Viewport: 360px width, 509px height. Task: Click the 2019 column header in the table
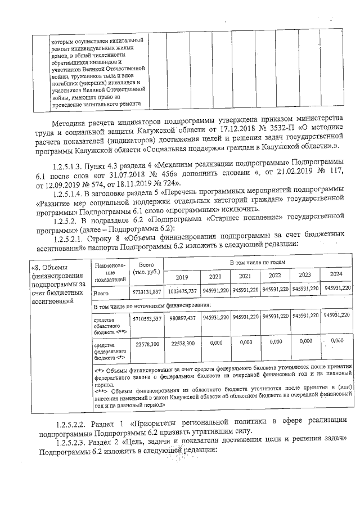[x=182, y=277]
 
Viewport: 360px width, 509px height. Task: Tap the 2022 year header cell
[x=275, y=276]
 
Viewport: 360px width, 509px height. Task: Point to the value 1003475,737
[x=182, y=291]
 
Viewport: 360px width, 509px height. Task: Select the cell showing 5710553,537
[x=146, y=318]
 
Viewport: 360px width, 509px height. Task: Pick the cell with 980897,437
[x=182, y=318]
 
